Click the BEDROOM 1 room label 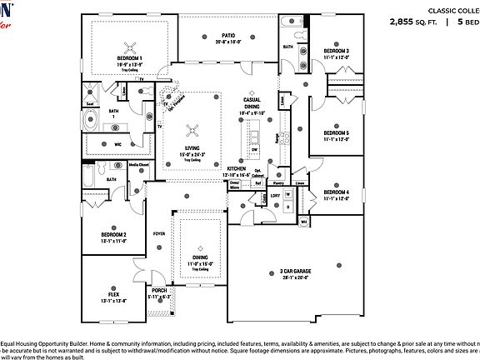coord(129,58)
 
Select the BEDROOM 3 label coord(336,50)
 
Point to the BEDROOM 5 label coord(336,133)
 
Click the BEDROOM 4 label coord(336,192)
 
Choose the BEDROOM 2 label coord(113,236)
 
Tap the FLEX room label coord(113,294)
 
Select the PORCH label coord(158,291)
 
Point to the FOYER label coord(158,234)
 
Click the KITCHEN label coord(237,169)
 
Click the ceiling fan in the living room coord(193,129)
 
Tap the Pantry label coord(278,182)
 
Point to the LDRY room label coord(275,196)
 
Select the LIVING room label coord(193,149)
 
